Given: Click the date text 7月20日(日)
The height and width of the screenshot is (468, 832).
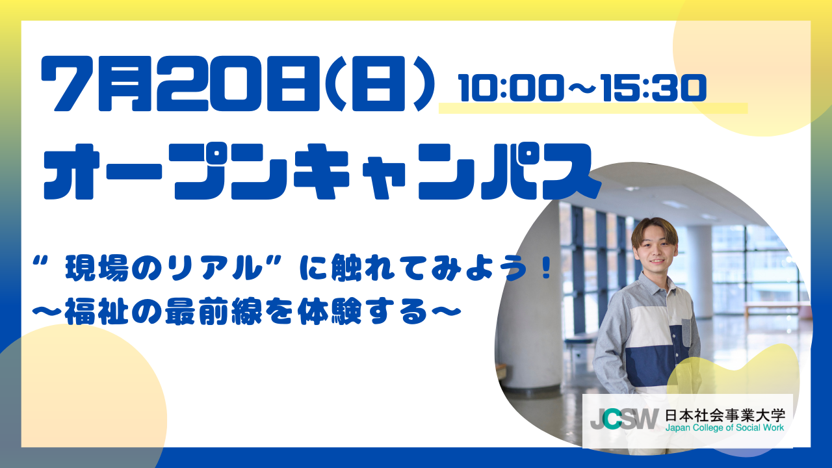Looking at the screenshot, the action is pyautogui.click(x=239, y=84).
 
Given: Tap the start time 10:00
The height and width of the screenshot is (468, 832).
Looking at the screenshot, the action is pyautogui.click(x=509, y=88).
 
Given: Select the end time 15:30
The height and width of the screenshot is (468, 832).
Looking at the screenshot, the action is pyautogui.click(x=653, y=88).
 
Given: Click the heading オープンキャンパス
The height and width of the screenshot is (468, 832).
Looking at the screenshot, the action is pyautogui.click(x=322, y=172).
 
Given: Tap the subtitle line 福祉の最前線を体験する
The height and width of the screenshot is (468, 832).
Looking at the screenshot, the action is pyautogui.click(x=246, y=312).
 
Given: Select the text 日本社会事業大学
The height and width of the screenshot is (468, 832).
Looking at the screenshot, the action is pyautogui.click(x=725, y=415).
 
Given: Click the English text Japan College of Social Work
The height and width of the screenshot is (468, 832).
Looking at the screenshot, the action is pyautogui.click(x=725, y=428).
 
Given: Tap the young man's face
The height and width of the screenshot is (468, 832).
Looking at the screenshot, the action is pyautogui.click(x=655, y=253).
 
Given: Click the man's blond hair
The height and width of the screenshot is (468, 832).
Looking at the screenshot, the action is pyautogui.click(x=655, y=229).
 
